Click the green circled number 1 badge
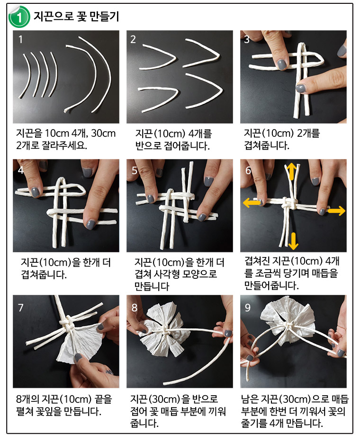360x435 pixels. [19, 17]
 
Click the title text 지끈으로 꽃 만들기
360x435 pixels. [76, 17]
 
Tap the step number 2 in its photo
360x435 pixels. [133, 39]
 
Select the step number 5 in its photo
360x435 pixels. [135, 170]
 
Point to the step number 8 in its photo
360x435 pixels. [135, 308]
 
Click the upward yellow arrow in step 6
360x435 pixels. [291, 171]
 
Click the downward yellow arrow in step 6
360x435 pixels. [293, 241]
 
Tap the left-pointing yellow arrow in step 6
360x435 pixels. [252, 203]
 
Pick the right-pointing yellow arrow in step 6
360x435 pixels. [336, 211]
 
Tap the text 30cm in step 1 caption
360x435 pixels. [103, 133]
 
